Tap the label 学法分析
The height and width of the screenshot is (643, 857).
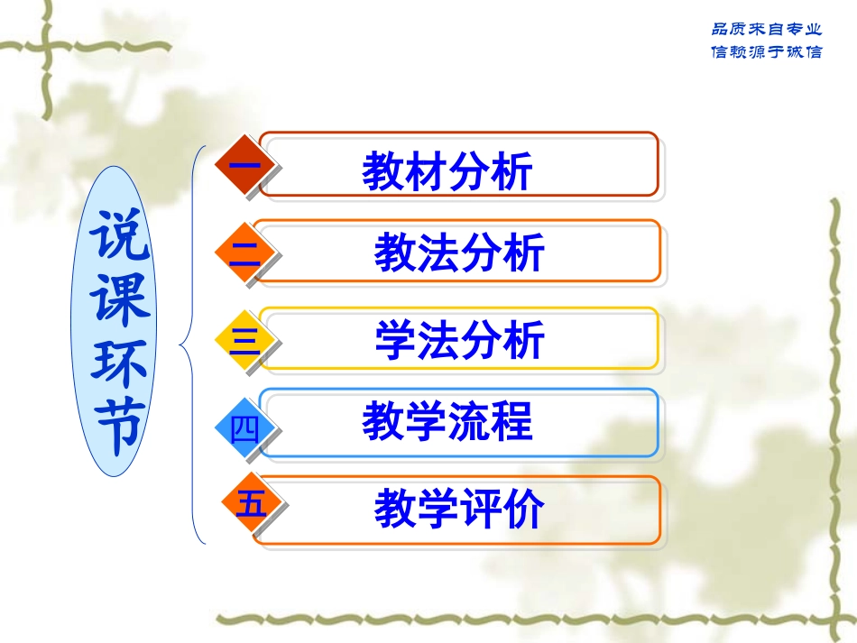pyautogui.click(x=459, y=341)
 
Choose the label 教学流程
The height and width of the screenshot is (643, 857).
pyautogui.click(x=447, y=421)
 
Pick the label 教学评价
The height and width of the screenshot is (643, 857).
pyautogui.click(x=459, y=510)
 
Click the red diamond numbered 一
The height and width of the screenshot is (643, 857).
pyautogui.click(x=244, y=168)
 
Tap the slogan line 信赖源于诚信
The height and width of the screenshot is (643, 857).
pyautogui.click(x=767, y=51)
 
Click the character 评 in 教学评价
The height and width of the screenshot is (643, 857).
pyautogui.click(x=480, y=510)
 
